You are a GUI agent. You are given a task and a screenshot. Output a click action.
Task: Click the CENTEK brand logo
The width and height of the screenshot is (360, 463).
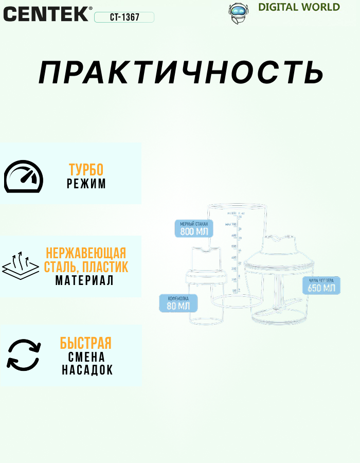point(47,13)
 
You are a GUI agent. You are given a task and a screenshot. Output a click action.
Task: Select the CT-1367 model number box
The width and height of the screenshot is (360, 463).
point(124,17)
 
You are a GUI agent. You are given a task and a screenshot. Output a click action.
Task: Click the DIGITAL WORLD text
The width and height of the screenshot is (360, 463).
point(299,7)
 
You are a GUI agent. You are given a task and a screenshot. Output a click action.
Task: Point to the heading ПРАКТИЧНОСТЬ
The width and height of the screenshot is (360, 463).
point(181,73)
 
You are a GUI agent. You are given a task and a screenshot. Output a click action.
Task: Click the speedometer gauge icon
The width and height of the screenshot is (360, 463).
point(24,177)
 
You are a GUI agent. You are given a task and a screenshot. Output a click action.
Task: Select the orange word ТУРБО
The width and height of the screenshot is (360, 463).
point(86,170)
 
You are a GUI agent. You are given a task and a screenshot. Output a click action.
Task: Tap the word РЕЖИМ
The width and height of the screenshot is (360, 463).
point(86,184)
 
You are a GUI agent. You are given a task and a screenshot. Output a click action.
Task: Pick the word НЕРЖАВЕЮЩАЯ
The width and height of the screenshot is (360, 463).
point(86,253)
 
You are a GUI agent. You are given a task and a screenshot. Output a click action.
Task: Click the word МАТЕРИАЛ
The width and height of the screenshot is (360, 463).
point(84,281)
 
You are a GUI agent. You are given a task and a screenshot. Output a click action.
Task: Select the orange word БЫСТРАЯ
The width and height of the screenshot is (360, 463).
point(85,343)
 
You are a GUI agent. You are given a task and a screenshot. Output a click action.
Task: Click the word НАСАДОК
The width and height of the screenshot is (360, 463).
point(87,370)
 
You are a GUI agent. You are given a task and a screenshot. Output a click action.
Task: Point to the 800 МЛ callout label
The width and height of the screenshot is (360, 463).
point(194,228)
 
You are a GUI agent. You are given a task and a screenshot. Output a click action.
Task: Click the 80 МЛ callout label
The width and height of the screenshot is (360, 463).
point(178,303)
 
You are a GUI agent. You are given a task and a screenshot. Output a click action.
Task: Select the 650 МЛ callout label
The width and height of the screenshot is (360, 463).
point(321,284)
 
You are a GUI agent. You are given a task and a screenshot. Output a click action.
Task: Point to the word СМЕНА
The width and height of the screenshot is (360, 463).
point(86,357)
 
